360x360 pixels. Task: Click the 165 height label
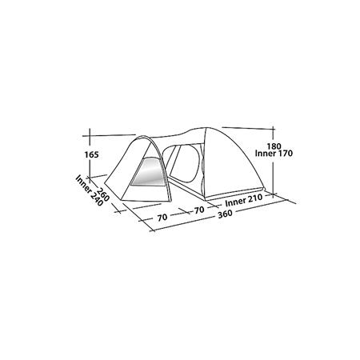pos(92,154)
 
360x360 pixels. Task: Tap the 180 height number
pos(274,146)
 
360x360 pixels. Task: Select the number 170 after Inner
pos(286,154)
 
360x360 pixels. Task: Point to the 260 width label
pos(103,194)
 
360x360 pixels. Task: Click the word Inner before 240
pos(84,184)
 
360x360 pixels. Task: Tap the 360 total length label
pos(225,214)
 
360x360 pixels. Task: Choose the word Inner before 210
pos(235,202)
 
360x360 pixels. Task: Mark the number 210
pos(255,198)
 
